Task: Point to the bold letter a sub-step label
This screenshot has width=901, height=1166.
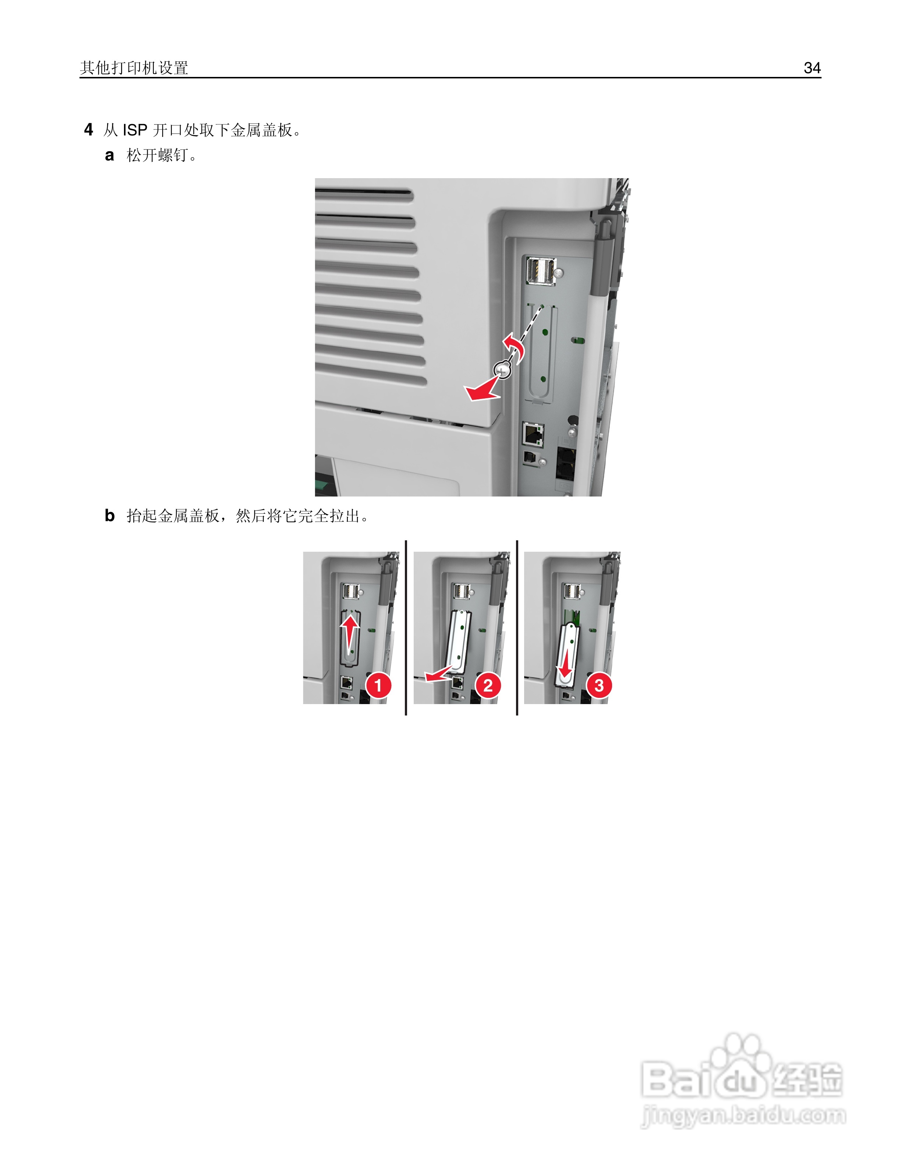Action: tap(109, 155)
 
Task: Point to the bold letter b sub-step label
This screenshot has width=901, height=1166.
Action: tap(109, 516)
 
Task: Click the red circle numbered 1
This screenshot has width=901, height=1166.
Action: tap(378, 686)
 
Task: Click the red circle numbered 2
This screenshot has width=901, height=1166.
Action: tap(488, 686)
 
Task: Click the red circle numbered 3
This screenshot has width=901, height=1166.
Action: tap(599, 686)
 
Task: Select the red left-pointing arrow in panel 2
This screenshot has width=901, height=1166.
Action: tap(437, 675)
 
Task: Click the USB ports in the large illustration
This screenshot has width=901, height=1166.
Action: tap(540, 270)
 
